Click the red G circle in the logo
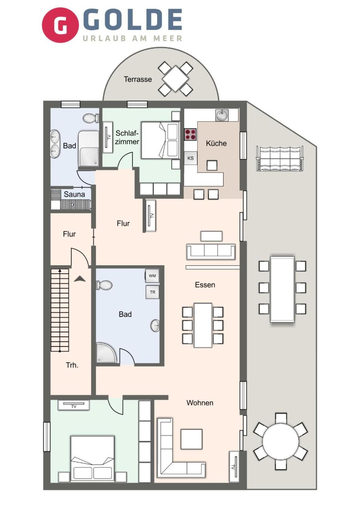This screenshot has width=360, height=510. [x=60, y=25]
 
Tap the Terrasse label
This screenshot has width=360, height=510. [x=138, y=79]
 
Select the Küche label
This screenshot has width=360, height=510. [x=216, y=143]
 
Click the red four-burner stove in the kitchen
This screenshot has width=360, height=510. [x=190, y=134]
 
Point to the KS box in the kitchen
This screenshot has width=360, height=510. [x=190, y=158]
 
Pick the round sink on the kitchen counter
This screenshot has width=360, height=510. [x=222, y=115]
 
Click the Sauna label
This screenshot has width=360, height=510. [x=74, y=194]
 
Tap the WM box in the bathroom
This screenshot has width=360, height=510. [x=152, y=276]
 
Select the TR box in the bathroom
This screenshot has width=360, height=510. [x=152, y=292]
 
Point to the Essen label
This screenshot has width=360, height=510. [x=205, y=285]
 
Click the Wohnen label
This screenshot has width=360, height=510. [x=200, y=403]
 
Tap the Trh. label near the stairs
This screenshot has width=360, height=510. [x=72, y=365]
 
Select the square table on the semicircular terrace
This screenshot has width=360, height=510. [x=175, y=79]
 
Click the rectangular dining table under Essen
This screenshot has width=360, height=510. [x=203, y=325]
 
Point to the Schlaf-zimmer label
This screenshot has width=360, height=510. [x=127, y=137]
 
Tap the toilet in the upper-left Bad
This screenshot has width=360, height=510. [x=91, y=118]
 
